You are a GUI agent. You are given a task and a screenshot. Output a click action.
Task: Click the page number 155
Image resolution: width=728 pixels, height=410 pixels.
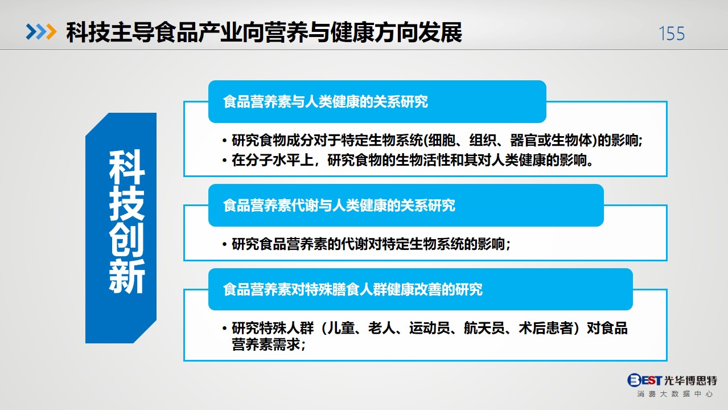click(672, 34)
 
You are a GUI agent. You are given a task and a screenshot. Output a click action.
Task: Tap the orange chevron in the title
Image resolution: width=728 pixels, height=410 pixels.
click(51, 32)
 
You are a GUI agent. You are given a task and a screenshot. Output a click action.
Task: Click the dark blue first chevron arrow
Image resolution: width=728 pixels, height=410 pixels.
click(31, 32)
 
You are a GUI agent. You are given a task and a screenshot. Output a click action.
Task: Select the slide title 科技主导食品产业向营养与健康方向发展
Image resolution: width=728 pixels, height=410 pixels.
click(264, 32)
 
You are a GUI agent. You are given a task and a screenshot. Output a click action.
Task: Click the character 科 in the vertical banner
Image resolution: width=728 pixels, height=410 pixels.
click(127, 167)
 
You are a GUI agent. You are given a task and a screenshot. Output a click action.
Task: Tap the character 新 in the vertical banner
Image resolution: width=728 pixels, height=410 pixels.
click(127, 276)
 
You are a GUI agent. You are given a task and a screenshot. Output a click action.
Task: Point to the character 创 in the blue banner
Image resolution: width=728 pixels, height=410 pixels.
click(127, 240)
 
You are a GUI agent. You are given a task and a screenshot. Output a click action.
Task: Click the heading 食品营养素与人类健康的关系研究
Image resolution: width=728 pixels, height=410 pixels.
click(326, 101)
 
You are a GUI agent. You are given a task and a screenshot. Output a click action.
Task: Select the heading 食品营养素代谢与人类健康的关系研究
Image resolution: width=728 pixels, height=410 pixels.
click(339, 205)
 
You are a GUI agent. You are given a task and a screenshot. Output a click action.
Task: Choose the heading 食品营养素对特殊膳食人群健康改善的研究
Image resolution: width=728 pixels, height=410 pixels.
click(353, 289)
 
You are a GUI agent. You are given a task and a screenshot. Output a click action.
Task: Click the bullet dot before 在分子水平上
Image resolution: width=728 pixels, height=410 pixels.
click(225, 160)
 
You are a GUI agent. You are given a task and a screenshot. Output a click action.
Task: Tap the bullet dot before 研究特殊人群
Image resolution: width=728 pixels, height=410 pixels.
click(225, 328)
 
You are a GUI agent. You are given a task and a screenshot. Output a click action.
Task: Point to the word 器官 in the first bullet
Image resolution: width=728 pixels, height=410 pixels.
click(523, 141)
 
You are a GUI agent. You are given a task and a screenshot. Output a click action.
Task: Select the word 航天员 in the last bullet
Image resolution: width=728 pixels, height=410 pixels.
click(484, 328)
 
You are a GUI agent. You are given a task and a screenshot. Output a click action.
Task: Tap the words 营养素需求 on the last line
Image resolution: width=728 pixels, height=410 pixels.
click(265, 345)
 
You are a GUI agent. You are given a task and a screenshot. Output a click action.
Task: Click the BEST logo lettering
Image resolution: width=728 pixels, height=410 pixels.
click(644, 380)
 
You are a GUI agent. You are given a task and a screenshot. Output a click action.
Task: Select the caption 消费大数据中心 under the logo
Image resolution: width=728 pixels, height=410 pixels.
click(674, 394)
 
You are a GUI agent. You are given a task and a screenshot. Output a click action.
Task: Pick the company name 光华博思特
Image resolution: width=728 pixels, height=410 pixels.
click(690, 380)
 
